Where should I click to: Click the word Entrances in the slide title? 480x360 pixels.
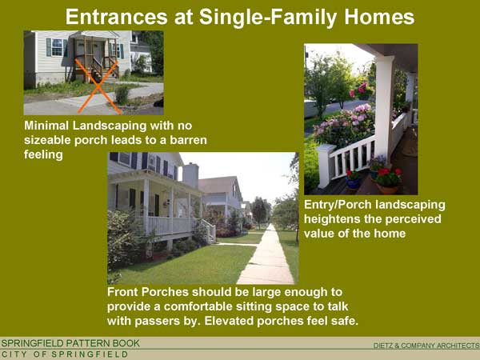tap(116, 17)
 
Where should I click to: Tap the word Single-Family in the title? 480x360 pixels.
tap(267, 18)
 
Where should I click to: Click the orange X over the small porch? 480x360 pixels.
tap(98, 86)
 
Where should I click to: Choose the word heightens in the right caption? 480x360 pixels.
tap(330, 219)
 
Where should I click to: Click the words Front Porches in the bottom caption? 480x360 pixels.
tap(147, 292)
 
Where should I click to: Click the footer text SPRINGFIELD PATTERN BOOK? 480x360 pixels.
tap(70, 343)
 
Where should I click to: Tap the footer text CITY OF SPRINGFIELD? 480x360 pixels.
tap(65, 354)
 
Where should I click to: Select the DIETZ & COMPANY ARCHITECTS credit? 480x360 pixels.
tap(426, 346)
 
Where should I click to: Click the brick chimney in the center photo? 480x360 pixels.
tap(190, 175)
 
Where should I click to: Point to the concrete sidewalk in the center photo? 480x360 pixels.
tap(266, 257)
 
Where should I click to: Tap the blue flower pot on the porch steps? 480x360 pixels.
tap(353, 182)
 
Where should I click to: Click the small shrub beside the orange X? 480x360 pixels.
tap(122, 95)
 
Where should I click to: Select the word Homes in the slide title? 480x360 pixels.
tap(379, 17)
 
